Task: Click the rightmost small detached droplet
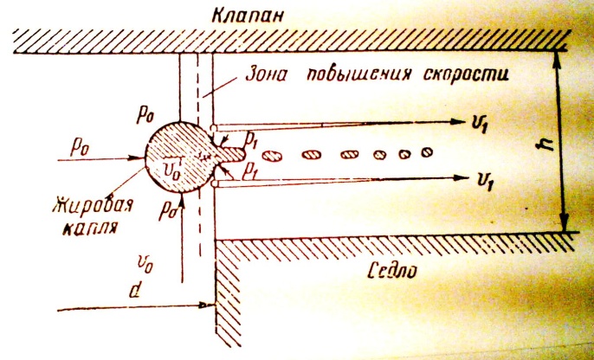coord(425,156)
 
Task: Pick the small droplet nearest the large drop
coord(272,157)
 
